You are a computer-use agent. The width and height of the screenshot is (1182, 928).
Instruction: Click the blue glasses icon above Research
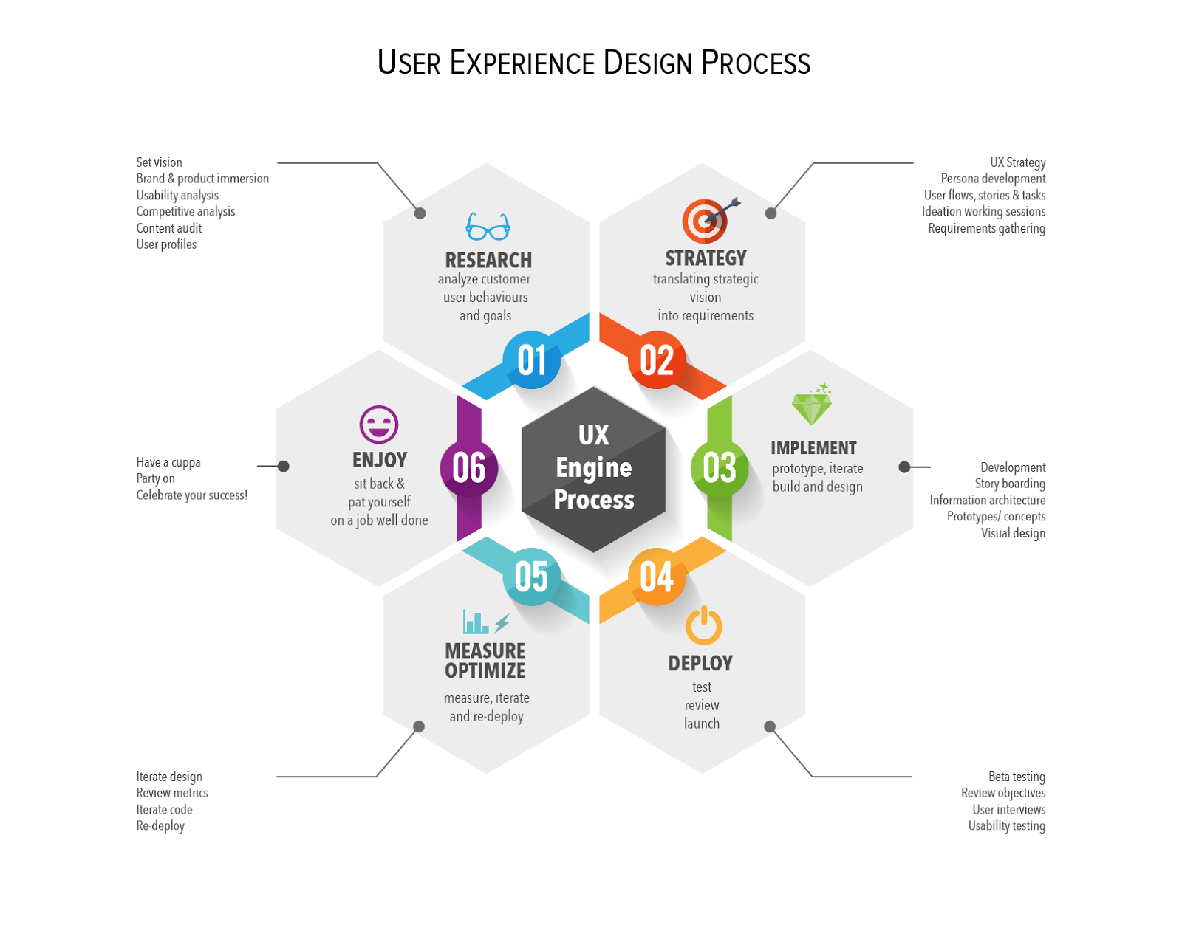[x=488, y=227]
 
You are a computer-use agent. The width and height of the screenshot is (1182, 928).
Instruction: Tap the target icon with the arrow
[x=707, y=220]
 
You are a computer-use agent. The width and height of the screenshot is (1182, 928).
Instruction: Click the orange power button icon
[x=703, y=626]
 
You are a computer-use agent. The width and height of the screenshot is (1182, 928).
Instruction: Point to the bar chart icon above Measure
[x=476, y=622]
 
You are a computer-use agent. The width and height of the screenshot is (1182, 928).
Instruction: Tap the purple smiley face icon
[x=379, y=425]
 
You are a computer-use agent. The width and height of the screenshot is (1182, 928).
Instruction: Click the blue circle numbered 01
[x=532, y=360]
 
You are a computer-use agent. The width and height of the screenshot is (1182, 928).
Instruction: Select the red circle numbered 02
[x=657, y=360]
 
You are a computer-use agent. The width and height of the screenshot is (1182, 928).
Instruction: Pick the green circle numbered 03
[x=719, y=468]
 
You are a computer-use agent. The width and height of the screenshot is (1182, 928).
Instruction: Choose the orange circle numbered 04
[x=657, y=577]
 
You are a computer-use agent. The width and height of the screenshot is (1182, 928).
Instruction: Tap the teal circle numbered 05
[x=532, y=577]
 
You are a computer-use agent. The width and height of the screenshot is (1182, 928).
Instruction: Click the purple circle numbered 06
[x=469, y=468]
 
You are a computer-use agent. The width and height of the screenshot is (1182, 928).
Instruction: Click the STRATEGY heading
[x=706, y=258]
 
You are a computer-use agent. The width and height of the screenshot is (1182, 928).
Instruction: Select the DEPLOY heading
[x=700, y=664]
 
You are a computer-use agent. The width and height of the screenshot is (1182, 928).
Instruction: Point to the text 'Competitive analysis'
[x=185, y=212]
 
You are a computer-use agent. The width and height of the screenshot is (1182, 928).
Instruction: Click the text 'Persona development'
[x=993, y=179]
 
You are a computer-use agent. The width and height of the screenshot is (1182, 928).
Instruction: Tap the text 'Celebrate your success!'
[x=191, y=495]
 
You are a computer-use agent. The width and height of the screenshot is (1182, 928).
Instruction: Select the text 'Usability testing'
[x=1006, y=826]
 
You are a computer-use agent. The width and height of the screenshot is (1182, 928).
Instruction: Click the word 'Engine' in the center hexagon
[x=594, y=467]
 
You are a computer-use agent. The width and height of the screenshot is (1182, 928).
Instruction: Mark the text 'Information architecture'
[x=987, y=501]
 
